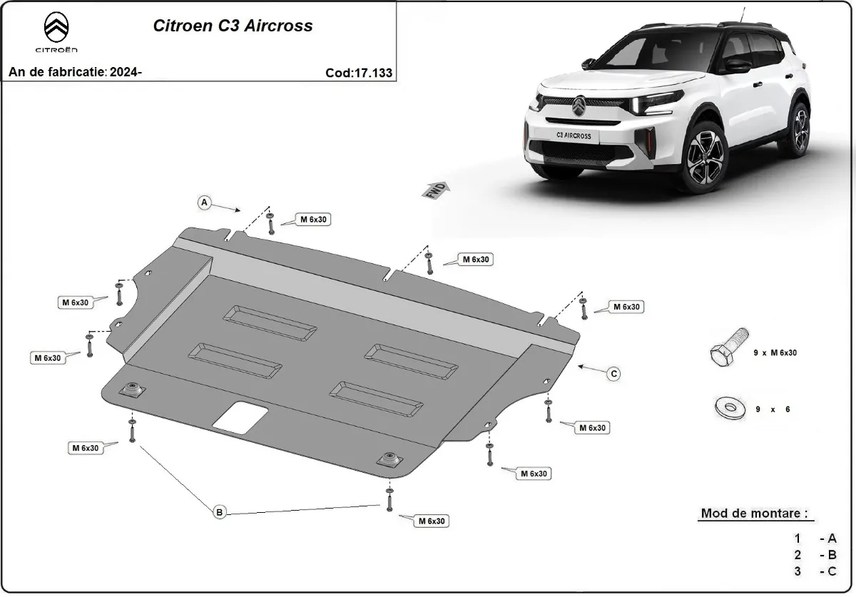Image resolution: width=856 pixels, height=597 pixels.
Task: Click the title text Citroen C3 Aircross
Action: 233,26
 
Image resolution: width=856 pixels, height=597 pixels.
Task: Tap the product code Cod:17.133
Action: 358,73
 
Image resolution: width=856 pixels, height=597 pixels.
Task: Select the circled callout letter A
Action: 205,203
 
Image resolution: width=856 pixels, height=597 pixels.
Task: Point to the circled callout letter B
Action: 220,511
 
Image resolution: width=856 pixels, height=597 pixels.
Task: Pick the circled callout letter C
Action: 613,373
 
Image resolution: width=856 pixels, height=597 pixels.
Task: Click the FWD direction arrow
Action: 437,190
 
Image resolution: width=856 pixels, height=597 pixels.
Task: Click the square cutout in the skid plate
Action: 240,417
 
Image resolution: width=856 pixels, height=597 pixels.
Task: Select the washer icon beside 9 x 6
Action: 727,409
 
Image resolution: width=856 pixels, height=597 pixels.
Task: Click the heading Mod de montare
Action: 755,514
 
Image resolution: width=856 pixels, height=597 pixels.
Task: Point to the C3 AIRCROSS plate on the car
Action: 573,135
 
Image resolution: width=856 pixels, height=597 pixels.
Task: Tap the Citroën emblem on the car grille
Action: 579,106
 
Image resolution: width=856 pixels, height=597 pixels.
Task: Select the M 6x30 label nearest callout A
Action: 313,220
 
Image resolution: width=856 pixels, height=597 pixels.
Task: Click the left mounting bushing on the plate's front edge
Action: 132,390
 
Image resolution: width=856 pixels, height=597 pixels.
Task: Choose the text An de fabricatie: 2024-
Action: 75,73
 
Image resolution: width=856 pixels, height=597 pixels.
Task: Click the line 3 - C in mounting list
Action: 815,571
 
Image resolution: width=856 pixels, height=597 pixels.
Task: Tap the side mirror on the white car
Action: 738,66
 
